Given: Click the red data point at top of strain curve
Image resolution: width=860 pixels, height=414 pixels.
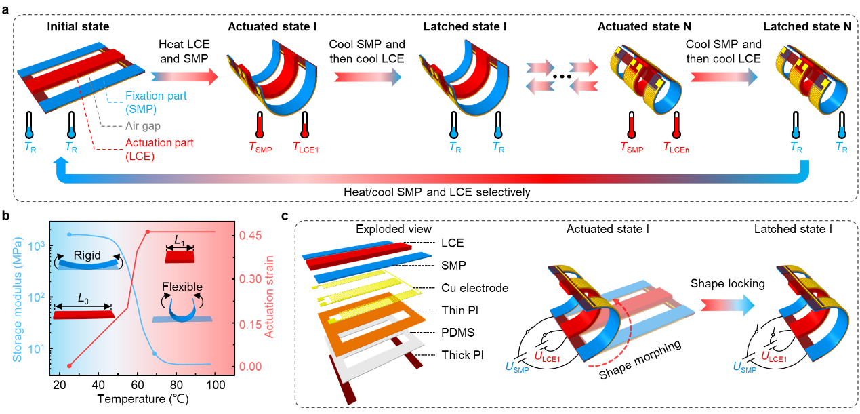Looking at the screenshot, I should (x=148, y=232).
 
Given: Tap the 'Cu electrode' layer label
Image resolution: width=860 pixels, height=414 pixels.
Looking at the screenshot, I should (x=483, y=288).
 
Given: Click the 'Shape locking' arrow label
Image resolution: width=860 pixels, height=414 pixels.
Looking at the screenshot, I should (x=723, y=284).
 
